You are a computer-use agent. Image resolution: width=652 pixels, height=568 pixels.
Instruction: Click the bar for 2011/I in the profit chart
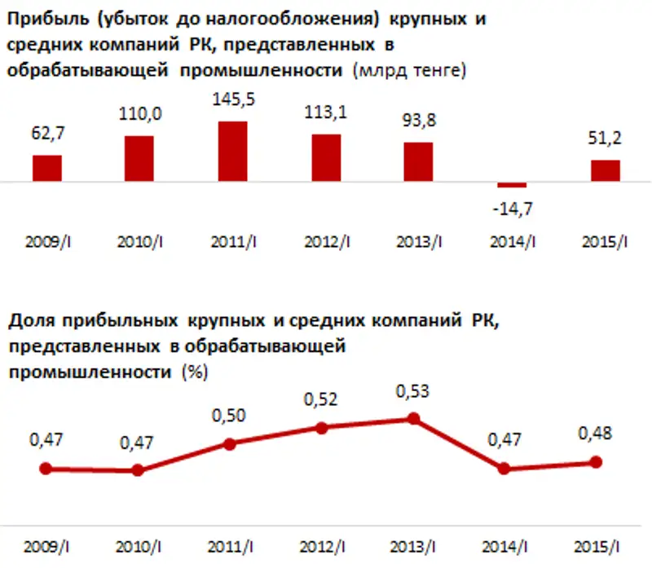coord(233,152)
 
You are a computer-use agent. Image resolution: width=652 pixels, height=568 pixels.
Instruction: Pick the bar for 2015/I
coord(606,171)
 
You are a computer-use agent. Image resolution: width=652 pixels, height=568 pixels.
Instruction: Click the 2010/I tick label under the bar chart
coord(141,241)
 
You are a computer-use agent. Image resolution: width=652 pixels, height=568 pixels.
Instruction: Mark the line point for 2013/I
coord(414,418)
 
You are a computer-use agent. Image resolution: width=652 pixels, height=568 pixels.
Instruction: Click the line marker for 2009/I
coord(46,469)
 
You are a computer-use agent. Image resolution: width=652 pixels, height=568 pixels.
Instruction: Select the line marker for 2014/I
coord(504,469)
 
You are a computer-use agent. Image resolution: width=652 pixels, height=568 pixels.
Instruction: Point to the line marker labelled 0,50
coord(230,444)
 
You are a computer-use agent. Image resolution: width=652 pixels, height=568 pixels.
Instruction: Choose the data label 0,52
coord(322,400)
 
